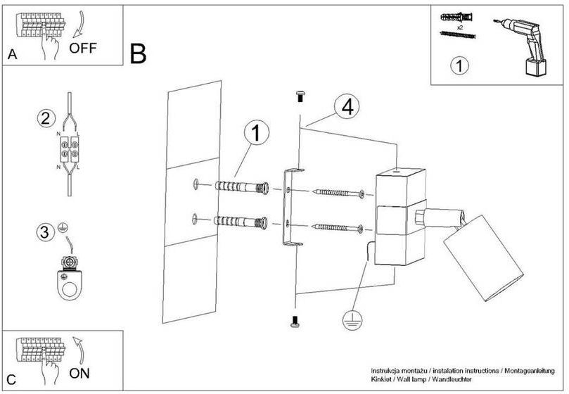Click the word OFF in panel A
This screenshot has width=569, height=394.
[83, 48]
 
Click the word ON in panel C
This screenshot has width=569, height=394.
[79, 374]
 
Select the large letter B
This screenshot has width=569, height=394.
[138, 53]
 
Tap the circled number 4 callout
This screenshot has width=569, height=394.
[347, 107]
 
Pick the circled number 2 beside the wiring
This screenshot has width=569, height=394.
[46, 118]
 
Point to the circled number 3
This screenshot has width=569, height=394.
[45, 231]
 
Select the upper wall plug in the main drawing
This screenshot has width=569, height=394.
[242, 187]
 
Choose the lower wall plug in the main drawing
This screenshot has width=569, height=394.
[241, 222]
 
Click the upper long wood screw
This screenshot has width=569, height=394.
[338, 193]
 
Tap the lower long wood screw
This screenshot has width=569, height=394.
[338, 228]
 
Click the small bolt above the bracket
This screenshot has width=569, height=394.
[300, 96]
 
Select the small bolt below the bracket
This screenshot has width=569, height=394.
[295, 322]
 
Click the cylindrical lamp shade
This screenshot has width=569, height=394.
[483, 258]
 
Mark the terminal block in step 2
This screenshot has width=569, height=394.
[70, 149]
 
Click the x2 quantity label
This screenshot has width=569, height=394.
[460, 27]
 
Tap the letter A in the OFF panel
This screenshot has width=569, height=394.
[13, 54]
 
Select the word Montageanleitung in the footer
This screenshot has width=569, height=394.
[530, 371]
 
